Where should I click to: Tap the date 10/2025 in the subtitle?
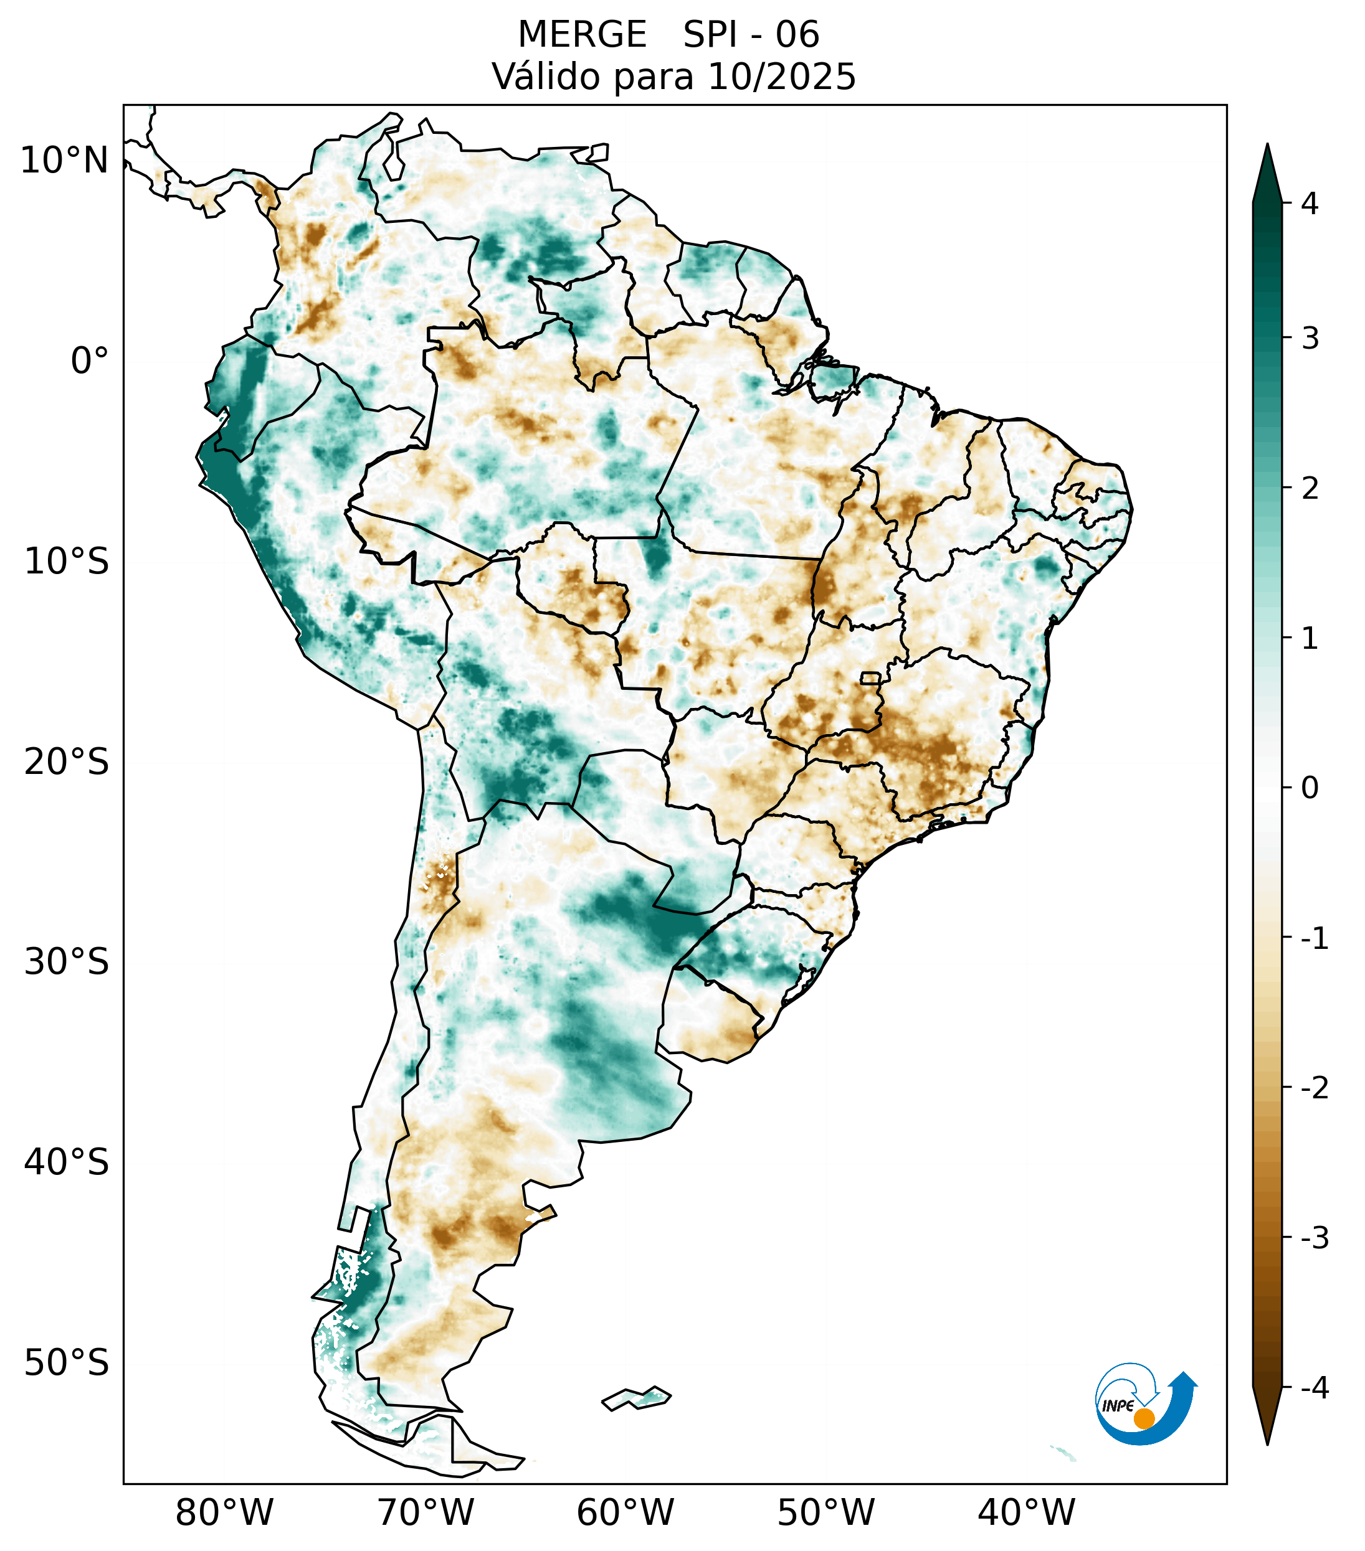coord(781,77)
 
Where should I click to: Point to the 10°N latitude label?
coord(65,161)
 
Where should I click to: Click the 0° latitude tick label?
coord(90,361)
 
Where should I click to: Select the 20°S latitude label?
coord(67,761)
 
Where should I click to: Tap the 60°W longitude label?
coord(625,1512)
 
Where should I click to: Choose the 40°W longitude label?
coord(1025,1512)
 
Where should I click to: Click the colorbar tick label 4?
coord(1310,204)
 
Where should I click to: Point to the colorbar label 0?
coord(1310,788)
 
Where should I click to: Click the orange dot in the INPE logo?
coord(1143,1418)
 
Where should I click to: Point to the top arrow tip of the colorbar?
coord(1267,146)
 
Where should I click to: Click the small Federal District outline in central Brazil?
coord(870,677)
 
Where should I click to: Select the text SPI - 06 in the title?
coord(751,35)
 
